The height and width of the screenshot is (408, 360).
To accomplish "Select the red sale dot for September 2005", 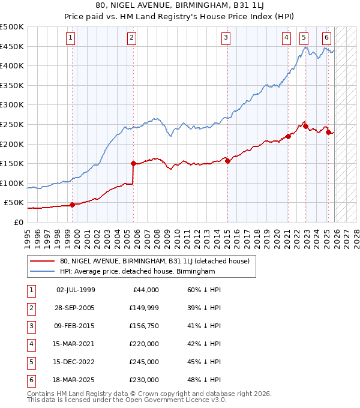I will point(133,163).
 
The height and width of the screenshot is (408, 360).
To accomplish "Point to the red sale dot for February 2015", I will point(227,161).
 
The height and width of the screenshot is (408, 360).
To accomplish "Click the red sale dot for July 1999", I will point(72,205).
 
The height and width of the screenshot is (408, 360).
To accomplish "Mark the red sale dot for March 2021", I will point(288,136).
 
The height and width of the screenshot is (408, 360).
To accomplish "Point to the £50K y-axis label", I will point(14,203).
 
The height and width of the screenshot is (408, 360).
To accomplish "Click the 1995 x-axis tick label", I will point(28,233).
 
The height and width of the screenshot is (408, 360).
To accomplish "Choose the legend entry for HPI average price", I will point(137,271).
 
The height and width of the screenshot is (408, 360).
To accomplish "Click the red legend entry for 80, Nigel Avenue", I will point(158,261).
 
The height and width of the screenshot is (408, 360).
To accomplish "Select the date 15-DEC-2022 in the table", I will point(76,362).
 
